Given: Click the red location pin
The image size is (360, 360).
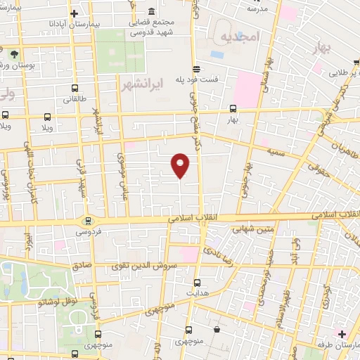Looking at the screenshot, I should (x=181, y=165).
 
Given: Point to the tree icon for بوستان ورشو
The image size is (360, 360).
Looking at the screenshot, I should (x=14, y=53).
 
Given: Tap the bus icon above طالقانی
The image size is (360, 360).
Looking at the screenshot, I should (x=75, y=88).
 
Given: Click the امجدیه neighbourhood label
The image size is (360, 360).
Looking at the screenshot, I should (x=239, y=35).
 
